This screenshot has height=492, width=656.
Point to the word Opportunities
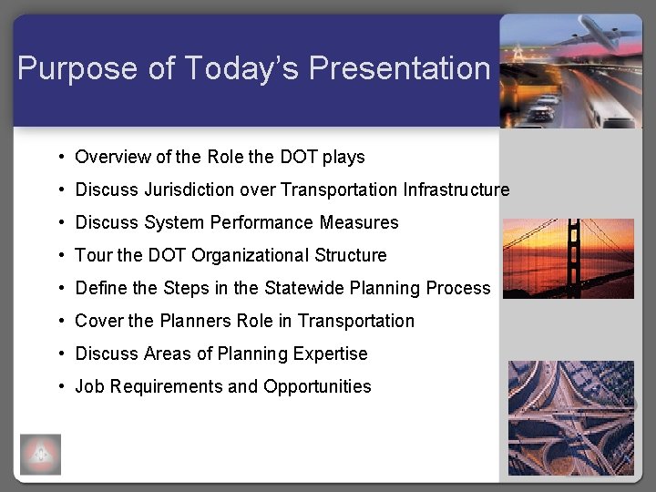(x=317, y=386)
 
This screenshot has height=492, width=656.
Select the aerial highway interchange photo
(x=570, y=417)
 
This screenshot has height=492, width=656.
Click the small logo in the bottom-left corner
(x=40, y=454)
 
